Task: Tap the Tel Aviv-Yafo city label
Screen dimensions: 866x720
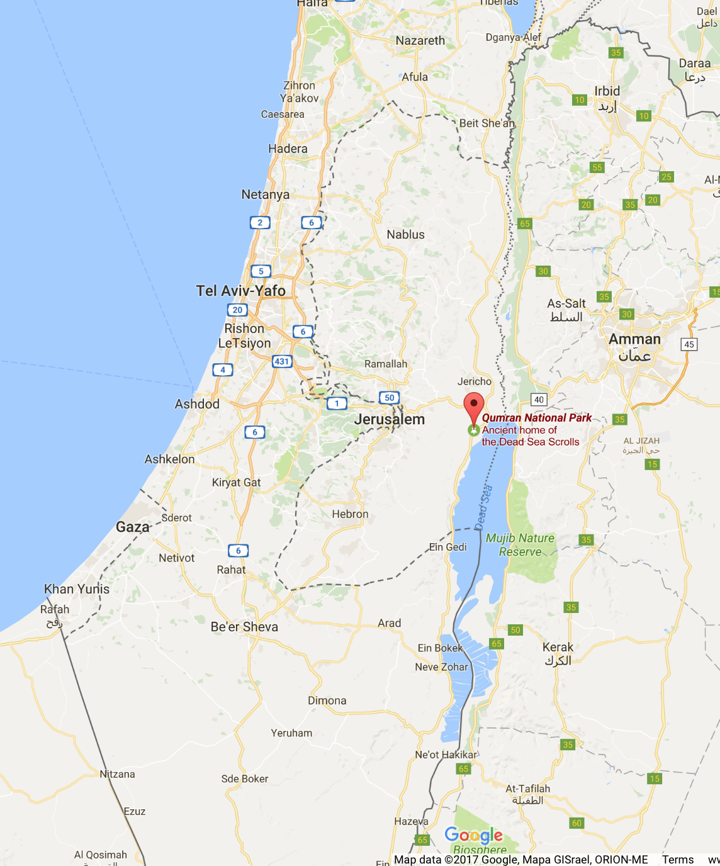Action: click(x=240, y=291)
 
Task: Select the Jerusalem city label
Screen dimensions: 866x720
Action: click(x=390, y=420)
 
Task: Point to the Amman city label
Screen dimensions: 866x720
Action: click(x=634, y=340)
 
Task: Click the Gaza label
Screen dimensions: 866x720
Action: click(x=133, y=527)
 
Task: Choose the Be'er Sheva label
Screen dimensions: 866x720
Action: click(x=244, y=627)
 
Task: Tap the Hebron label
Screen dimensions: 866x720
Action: click(x=350, y=514)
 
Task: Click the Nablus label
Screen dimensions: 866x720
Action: click(x=405, y=235)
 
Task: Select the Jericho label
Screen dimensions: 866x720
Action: click(x=475, y=381)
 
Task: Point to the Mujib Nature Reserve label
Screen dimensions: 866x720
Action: click(x=520, y=545)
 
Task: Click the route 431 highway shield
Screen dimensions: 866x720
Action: click(x=282, y=361)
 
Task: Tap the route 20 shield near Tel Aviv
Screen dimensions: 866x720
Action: click(x=237, y=310)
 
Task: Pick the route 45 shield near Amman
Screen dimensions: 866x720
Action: click(x=689, y=344)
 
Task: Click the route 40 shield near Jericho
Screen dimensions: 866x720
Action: click(x=539, y=399)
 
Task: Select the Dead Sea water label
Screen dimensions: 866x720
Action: click(x=484, y=507)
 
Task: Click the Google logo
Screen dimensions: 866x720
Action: click(x=473, y=835)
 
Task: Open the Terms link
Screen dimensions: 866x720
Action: click(x=678, y=860)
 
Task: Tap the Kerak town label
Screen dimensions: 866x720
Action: click(x=558, y=648)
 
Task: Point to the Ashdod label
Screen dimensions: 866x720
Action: click(x=197, y=404)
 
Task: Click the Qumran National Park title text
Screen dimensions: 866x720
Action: click(x=537, y=418)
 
